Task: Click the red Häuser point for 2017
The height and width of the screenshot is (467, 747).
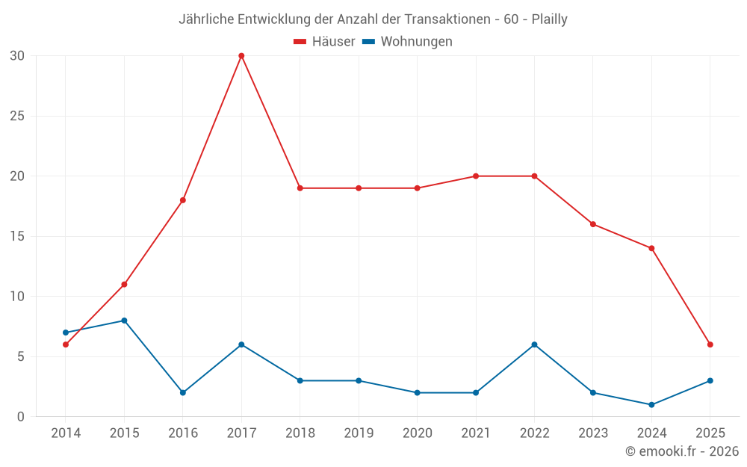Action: pos(241,56)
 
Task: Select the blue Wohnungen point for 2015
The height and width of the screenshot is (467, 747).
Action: pos(124,321)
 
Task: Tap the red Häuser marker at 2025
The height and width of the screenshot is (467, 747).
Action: pos(710,344)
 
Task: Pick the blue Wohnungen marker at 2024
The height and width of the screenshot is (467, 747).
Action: pos(651,405)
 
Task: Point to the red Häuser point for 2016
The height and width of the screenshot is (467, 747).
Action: pos(182,200)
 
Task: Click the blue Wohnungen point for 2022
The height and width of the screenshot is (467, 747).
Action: pos(534,344)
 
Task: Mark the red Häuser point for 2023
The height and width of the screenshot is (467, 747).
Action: pos(593,224)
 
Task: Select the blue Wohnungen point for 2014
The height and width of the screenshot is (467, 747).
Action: pos(66,333)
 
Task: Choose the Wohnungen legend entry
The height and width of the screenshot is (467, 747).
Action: pos(416,42)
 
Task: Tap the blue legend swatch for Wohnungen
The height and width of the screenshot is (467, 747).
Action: pos(368,42)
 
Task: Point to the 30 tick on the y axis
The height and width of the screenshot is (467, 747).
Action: pos(17,56)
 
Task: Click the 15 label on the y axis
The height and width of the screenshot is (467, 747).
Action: pos(17,236)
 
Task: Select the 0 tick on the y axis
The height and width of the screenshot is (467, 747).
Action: pos(21,417)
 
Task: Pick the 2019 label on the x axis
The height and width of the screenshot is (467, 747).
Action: pos(359,433)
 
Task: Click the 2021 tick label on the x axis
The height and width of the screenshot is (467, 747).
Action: pos(476,433)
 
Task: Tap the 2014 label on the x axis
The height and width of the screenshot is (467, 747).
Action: pos(66,433)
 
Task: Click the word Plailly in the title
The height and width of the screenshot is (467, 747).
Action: pos(549,19)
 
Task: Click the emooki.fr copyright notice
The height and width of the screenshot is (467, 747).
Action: pos(682,451)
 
